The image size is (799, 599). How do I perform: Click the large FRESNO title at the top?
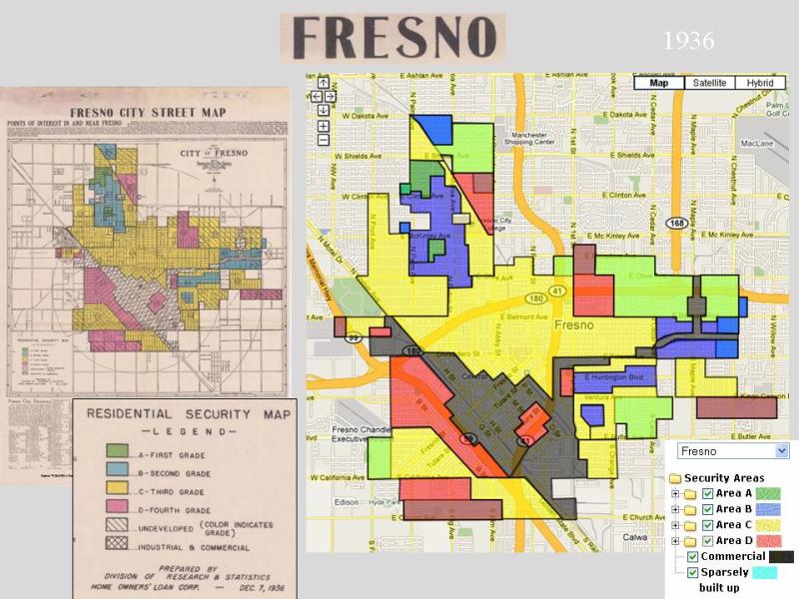coord(392,37)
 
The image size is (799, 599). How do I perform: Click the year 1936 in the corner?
coord(688,41)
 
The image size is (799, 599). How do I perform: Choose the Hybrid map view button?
coord(760,83)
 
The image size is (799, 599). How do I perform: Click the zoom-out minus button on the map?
coord(324,140)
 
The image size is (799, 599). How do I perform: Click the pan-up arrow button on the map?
coord(324,83)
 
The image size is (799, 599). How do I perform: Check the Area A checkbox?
coord(707,494)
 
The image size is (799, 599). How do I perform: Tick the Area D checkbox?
coord(707,540)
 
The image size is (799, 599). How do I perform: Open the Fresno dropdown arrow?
coord(780,450)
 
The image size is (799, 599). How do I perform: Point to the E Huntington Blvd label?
coord(611,376)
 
